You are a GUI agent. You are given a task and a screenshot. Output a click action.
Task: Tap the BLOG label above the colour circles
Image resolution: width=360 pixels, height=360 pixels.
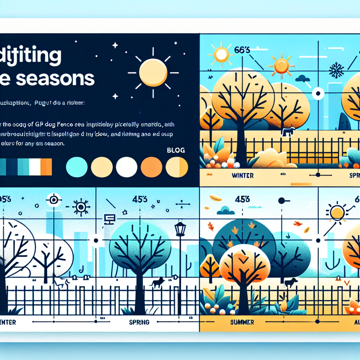176,150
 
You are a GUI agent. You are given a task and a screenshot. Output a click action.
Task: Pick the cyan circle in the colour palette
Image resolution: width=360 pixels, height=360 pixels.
77,167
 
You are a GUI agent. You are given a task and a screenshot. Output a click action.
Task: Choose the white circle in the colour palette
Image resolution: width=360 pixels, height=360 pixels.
127,167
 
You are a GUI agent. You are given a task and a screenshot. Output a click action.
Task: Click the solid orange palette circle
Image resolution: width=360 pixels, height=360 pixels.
152,167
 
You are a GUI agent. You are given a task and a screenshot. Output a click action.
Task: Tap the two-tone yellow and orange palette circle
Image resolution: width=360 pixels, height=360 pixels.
177,167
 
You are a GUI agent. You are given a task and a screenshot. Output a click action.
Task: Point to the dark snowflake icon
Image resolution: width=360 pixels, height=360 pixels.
336,70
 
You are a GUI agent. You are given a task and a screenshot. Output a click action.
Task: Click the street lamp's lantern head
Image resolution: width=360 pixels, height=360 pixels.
180,229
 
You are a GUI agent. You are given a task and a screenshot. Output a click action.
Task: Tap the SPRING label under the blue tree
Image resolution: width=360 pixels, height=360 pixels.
139,322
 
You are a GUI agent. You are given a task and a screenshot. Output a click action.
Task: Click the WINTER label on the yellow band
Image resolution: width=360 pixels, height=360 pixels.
243,175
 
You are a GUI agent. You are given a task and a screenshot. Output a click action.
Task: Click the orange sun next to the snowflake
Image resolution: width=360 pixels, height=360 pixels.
281,65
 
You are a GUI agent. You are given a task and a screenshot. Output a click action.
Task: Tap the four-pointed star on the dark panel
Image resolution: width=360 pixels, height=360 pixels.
115,45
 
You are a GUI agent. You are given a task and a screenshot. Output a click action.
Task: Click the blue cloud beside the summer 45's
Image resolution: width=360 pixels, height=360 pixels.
225,211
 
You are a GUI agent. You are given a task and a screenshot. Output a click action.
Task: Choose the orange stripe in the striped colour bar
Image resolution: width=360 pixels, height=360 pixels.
46,167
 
